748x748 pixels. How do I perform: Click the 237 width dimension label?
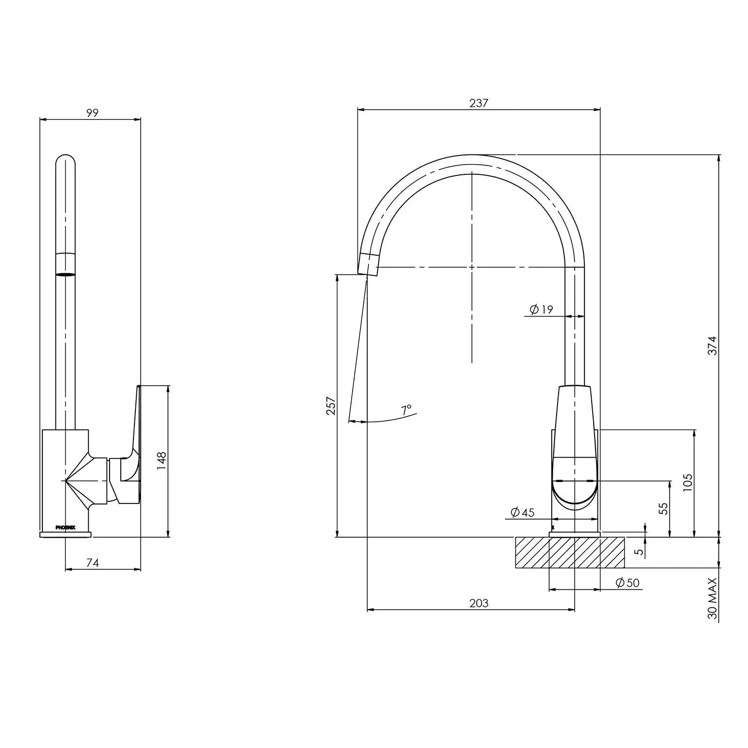pyautogui.click(x=478, y=103)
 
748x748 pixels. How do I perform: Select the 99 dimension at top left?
pyautogui.click(x=93, y=113)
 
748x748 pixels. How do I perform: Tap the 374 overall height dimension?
pyautogui.click(x=712, y=345)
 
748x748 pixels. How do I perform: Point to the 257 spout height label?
pyautogui.click(x=331, y=405)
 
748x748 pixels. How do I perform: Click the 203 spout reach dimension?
pyautogui.click(x=478, y=603)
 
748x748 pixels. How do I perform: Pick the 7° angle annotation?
pyautogui.click(x=406, y=410)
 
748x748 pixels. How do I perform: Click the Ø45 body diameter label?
pyautogui.click(x=522, y=512)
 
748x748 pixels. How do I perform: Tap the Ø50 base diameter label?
pyautogui.click(x=627, y=583)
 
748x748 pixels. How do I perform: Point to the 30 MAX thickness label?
pyautogui.click(x=712, y=598)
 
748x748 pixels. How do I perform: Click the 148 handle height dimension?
pyautogui.click(x=162, y=461)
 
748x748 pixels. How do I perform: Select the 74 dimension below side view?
pyautogui.click(x=93, y=563)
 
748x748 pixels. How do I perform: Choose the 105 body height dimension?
pyautogui.click(x=687, y=482)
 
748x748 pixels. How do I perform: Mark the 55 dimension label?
pyautogui.click(x=663, y=508)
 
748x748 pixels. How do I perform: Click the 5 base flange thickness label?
pyautogui.click(x=640, y=552)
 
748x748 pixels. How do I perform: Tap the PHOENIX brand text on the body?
pyautogui.click(x=65, y=527)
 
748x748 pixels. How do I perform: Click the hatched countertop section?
pyautogui.click(x=570, y=553)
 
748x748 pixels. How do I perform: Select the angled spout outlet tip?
pyautogui.click(x=368, y=264)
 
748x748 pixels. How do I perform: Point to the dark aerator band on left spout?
pyautogui.click(x=66, y=274)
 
